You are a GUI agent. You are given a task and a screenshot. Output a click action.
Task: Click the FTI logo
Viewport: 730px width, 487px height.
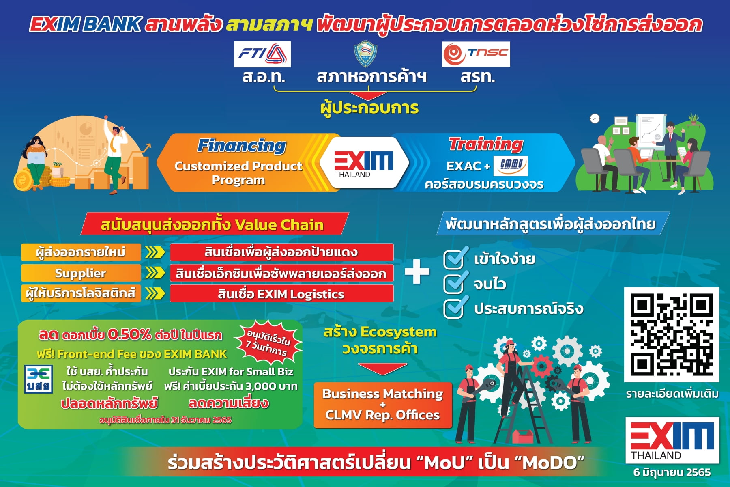(262, 54)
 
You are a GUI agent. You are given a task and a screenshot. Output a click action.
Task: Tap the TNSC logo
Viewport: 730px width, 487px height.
(476, 54)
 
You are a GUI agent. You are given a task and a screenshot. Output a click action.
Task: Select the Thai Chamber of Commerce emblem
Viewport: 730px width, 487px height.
(365, 54)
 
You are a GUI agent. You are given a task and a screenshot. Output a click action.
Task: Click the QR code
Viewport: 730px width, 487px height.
(672, 334)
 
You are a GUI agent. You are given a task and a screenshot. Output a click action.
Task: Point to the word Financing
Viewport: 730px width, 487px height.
(242, 146)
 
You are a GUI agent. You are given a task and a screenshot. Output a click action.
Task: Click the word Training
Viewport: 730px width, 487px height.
(486, 144)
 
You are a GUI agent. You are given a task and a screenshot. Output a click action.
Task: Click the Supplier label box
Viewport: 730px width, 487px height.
(81, 273)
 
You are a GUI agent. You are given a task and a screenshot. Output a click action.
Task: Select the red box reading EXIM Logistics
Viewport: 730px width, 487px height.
(281, 293)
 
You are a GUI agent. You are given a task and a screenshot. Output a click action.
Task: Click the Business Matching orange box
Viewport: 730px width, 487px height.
(382, 405)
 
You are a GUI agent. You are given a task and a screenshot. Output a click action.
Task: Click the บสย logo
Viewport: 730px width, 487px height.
(38, 379)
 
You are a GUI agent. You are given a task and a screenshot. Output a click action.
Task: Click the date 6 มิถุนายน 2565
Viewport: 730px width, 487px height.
(672, 472)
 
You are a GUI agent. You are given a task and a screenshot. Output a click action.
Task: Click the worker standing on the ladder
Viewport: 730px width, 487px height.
(512, 373)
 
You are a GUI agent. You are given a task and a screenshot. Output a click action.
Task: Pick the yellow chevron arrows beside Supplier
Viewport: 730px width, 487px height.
(155, 273)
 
